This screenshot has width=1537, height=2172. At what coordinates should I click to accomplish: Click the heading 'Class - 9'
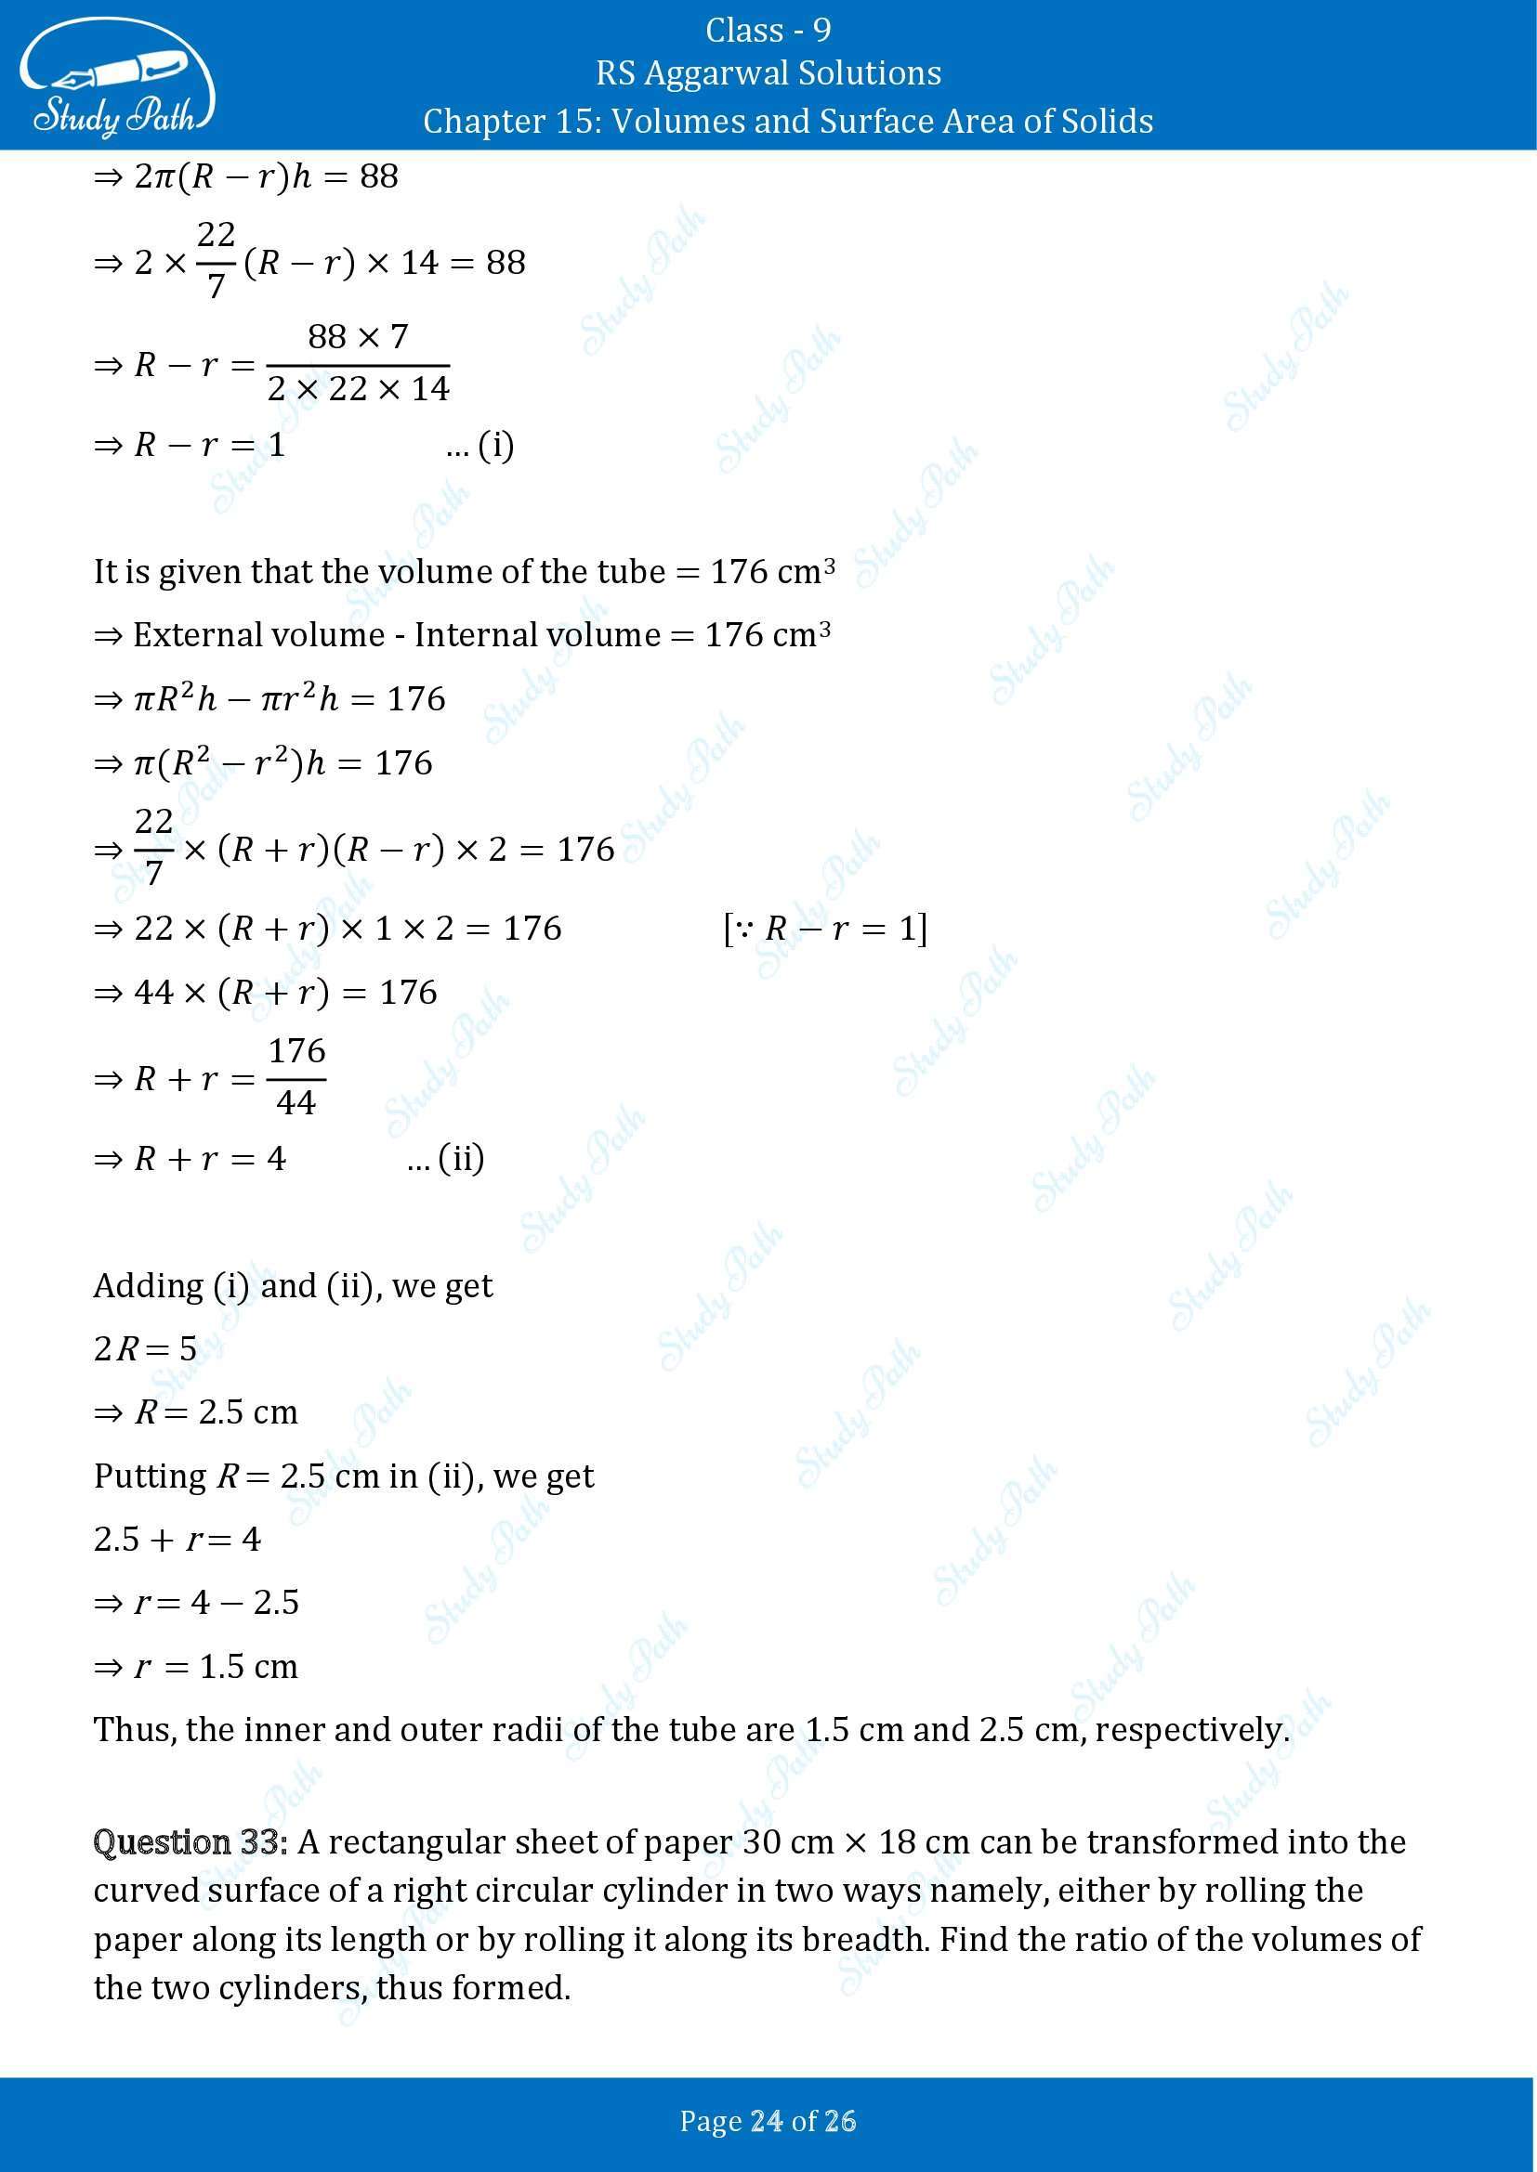coord(768,31)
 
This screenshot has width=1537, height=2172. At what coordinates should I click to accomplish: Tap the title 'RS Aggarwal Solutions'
coord(768,73)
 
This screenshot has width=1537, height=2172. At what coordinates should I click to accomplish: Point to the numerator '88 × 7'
coord(358,336)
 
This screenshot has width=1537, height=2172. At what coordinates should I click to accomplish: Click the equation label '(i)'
coord(495,445)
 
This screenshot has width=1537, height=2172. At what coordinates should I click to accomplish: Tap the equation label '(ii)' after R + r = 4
coord(461,1158)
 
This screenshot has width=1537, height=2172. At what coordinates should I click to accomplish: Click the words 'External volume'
coord(258,635)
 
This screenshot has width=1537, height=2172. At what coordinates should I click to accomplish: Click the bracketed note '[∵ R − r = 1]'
coord(824,929)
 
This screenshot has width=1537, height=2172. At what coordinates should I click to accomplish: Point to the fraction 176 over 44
coord(296,1076)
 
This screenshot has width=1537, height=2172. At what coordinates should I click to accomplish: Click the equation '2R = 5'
coord(145,1348)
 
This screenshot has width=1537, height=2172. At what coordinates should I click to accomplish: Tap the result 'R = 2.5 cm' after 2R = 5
coord(216,1412)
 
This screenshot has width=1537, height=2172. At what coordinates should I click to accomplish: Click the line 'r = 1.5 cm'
coord(215,1666)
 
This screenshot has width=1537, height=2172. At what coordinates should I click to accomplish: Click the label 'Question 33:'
coord(190,1841)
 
